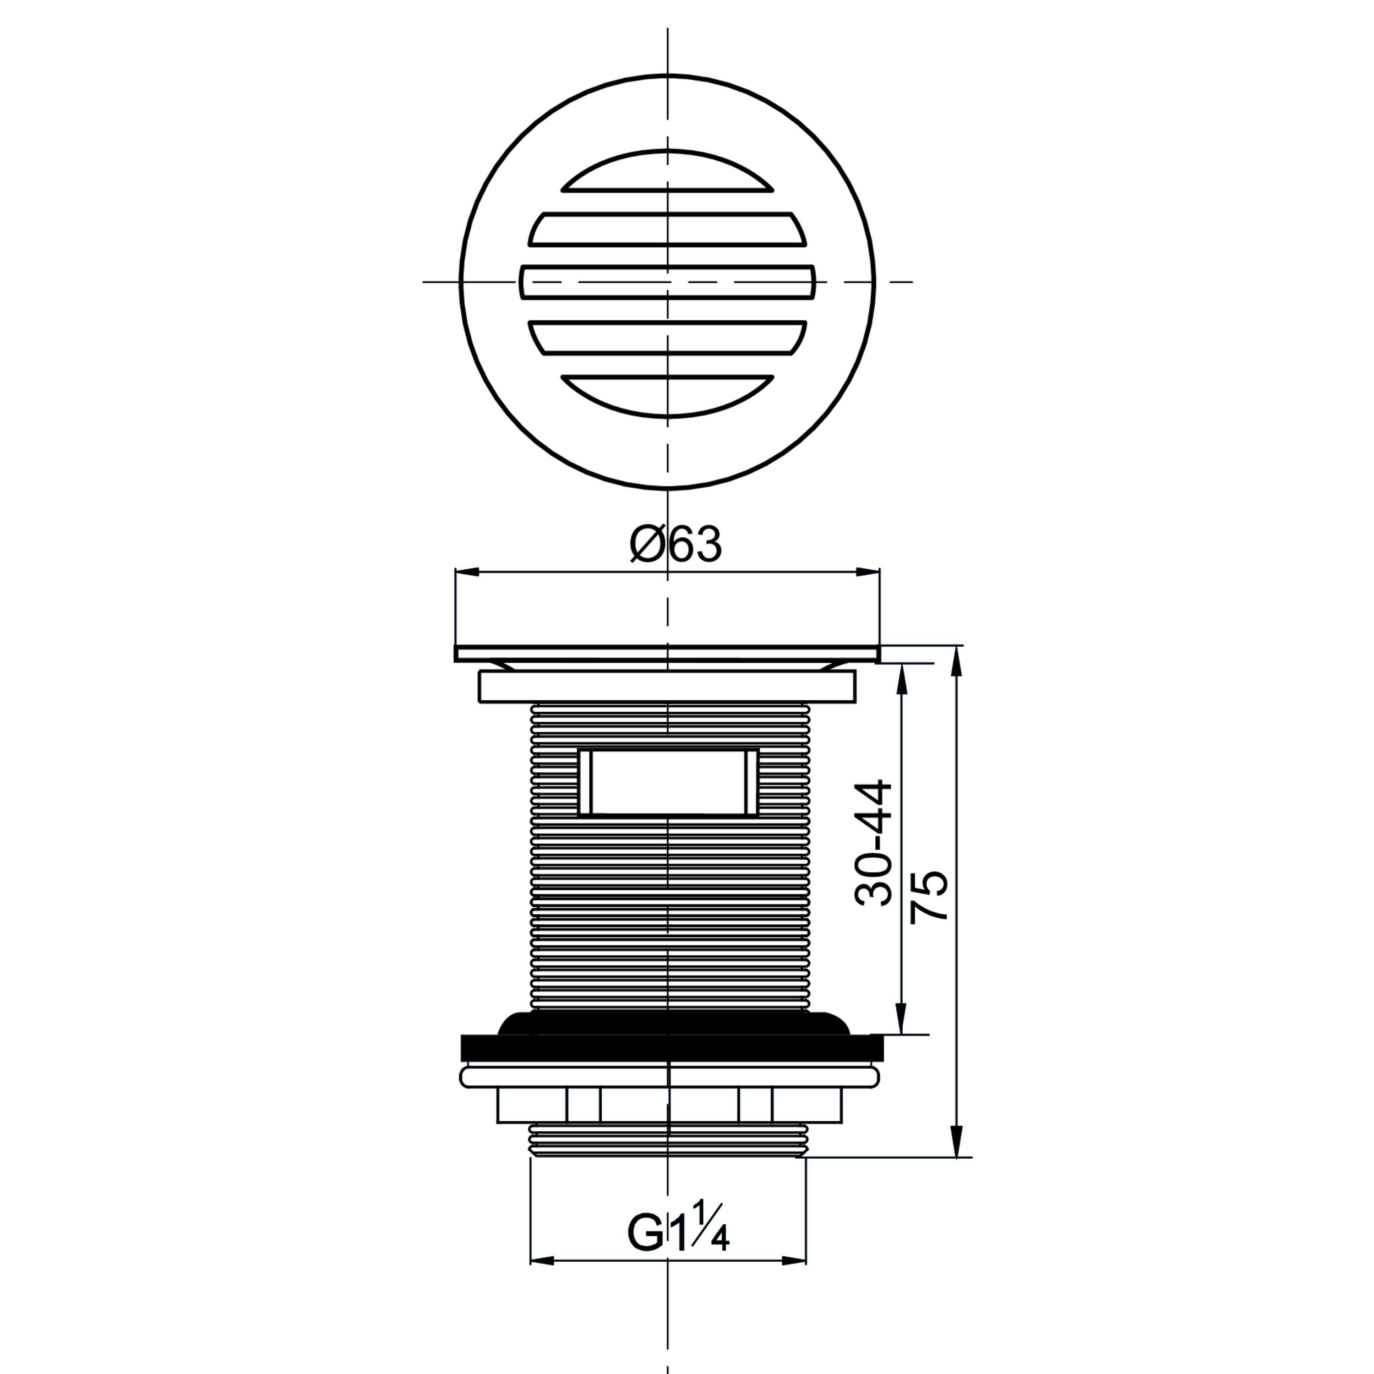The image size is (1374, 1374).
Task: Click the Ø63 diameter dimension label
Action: coord(676,545)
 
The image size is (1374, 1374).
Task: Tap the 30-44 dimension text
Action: coord(874,842)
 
